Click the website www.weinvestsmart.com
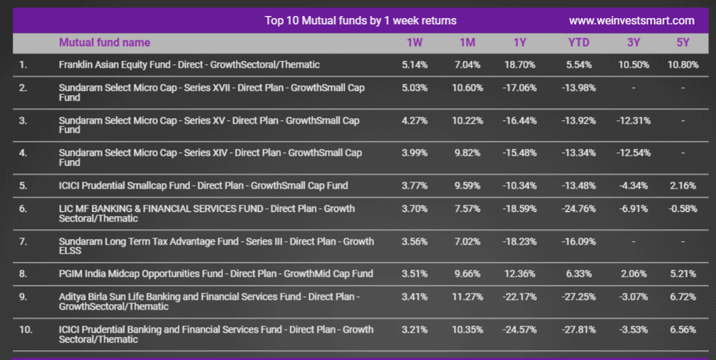coord(631,20)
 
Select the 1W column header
coord(415,43)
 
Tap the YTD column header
coord(578,43)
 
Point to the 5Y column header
coord(682,43)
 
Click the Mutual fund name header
coord(105,43)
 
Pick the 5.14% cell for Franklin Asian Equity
coord(415,65)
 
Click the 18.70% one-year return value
coord(520,65)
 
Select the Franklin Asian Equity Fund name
coord(189,65)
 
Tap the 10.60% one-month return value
coord(467,87)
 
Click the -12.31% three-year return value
coord(633,120)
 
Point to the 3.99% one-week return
coord(415,153)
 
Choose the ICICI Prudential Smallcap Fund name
coord(203,186)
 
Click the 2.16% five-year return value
coord(682,186)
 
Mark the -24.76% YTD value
coord(578,208)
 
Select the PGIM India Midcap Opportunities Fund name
coord(216,274)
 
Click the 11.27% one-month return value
coord(467,296)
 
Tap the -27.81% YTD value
coord(578,329)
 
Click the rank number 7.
coord(23,241)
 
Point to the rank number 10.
coord(26,329)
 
